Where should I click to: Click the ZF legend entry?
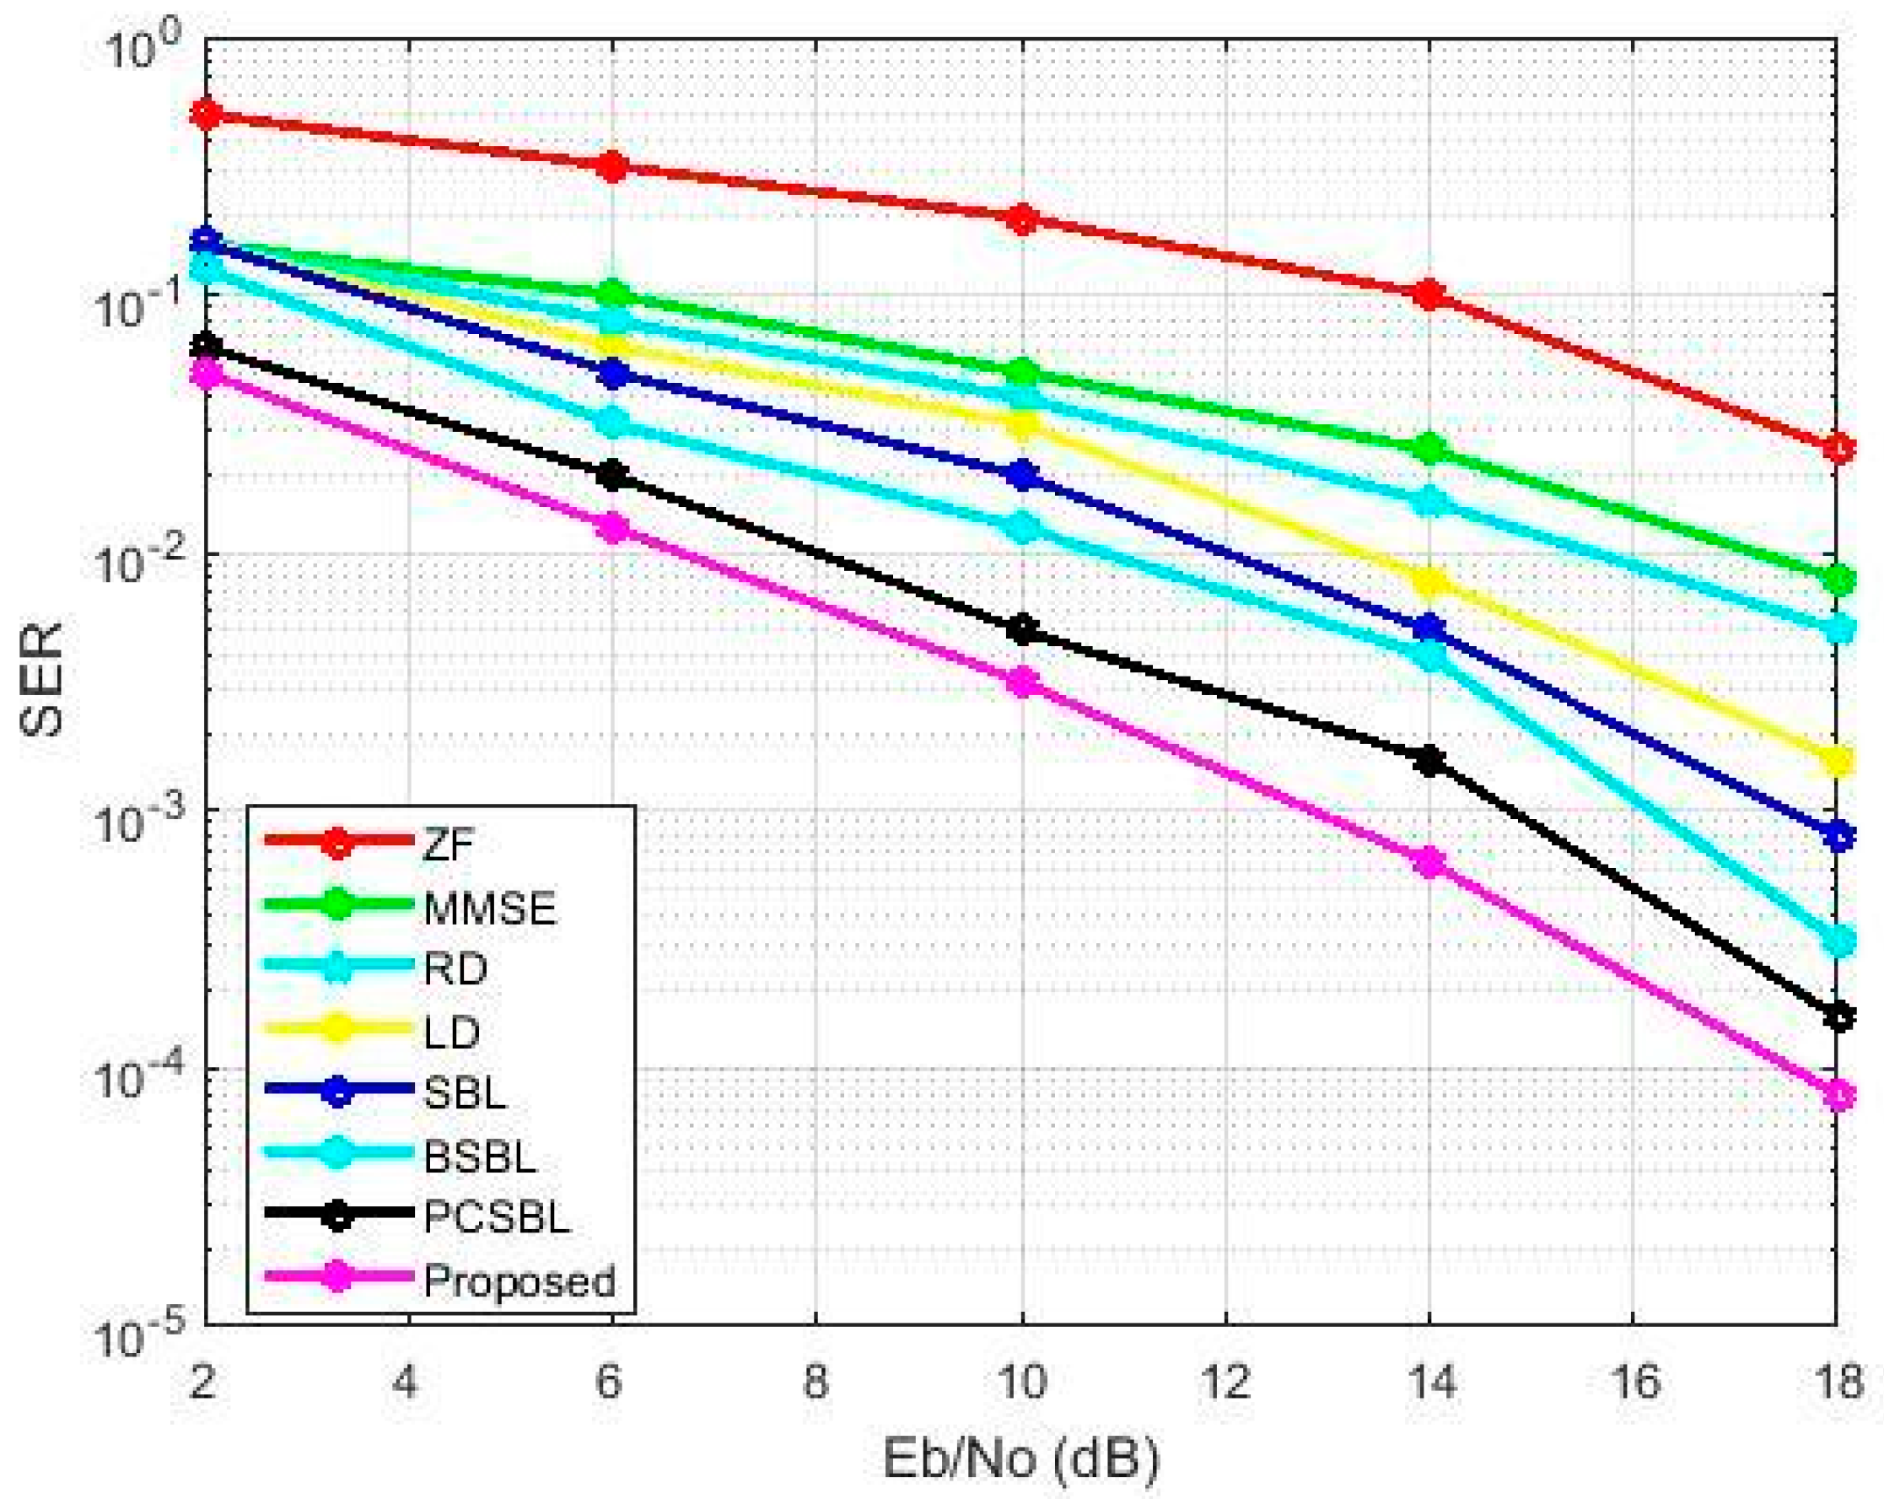coord(448,844)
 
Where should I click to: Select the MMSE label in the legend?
coord(489,909)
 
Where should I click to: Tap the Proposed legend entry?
coord(519,1281)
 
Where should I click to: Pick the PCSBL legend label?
coord(497,1216)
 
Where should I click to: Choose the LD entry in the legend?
coord(452,1033)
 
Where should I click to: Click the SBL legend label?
coord(464,1092)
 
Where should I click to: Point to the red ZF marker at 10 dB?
coord(1021,218)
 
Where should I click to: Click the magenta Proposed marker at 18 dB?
coord(1839,1094)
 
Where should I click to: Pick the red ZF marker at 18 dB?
coord(1839,449)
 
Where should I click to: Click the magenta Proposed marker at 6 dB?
coord(612,528)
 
